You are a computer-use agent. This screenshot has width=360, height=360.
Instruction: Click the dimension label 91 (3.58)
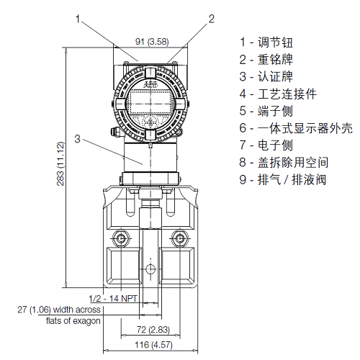point(151,42)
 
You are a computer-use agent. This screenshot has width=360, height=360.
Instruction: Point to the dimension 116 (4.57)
point(151,346)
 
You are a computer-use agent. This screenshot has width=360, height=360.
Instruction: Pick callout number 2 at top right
point(212,19)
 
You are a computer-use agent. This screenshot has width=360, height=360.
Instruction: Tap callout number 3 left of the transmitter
point(77,138)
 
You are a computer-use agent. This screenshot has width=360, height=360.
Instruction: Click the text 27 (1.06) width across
point(60,310)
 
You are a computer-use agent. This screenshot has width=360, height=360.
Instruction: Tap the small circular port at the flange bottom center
point(150,269)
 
